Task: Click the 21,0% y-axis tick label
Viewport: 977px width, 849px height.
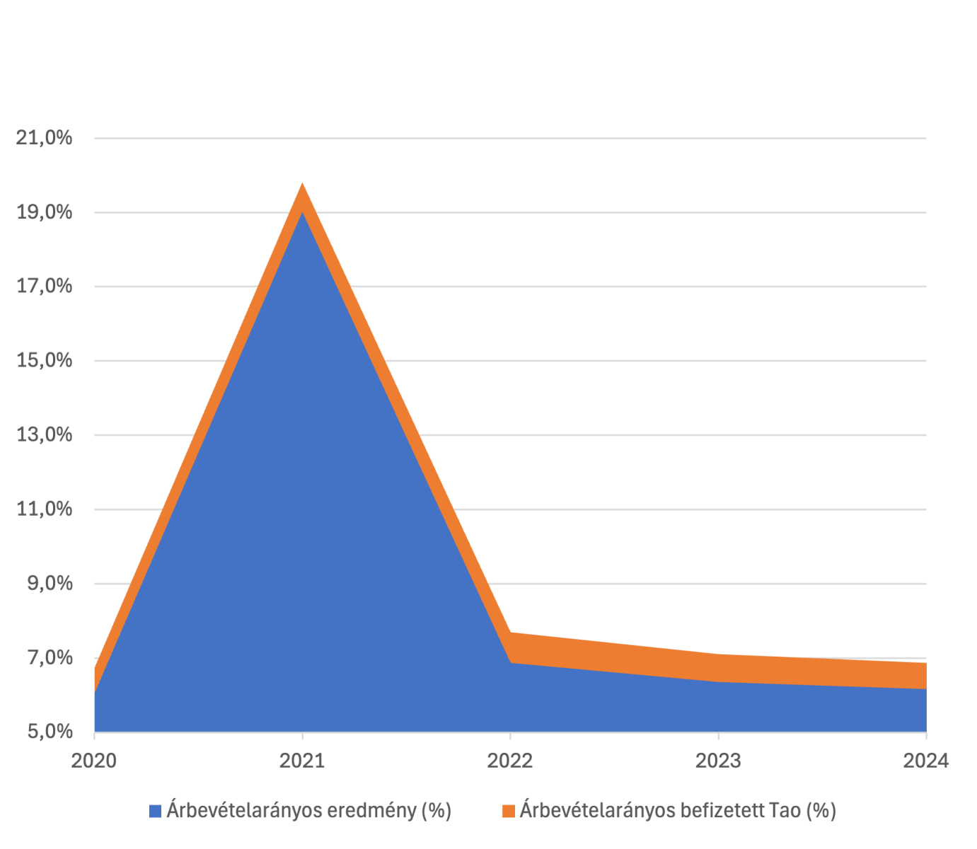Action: (x=45, y=137)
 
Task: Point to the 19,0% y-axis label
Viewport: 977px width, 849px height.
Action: (x=45, y=212)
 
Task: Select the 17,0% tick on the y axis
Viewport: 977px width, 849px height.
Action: (x=45, y=286)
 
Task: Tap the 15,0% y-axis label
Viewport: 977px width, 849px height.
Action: (x=45, y=360)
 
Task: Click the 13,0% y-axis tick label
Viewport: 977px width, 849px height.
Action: (x=45, y=434)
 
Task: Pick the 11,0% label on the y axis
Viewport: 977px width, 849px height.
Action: (x=45, y=509)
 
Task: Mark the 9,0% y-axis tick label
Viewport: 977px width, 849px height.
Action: (x=50, y=583)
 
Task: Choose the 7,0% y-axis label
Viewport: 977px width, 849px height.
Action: (x=50, y=657)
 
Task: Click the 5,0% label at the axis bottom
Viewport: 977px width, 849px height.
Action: (x=50, y=731)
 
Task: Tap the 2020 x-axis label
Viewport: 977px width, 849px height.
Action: (x=94, y=761)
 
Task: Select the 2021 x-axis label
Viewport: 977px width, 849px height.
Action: (x=302, y=761)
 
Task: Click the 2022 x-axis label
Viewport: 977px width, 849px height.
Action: (x=510, y=761)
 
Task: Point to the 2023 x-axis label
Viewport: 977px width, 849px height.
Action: (x=718, y=761)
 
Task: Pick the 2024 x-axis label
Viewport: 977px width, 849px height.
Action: (x=925, y=761)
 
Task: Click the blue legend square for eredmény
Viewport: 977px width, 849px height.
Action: (x=155, y=811)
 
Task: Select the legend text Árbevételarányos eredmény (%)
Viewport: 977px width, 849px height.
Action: (x=308, y=810)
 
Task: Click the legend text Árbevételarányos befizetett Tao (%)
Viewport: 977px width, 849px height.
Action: (x=677, y=810)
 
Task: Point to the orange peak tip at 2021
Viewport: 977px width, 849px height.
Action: (x=303, y=186)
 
